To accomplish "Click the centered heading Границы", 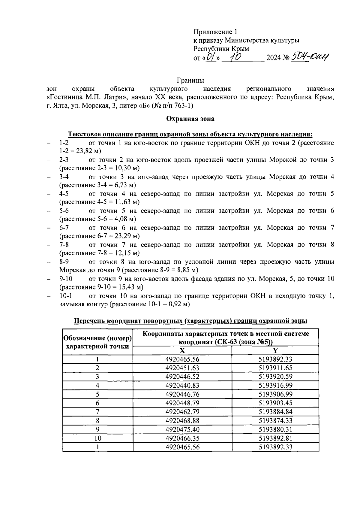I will (x=190, y=80).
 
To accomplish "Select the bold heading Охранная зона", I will (x=190, y=119).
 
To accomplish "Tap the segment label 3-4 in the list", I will (x=64, y=177).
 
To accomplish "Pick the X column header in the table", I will (x=182, y=350).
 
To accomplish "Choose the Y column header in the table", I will (x=275, y=350).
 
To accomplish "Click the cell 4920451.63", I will (x=182, y=368).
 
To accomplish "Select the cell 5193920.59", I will (x=275, y=377).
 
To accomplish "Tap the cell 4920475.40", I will (x=182, y=429).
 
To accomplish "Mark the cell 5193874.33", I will (x=275, y=420).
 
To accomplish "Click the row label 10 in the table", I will (x=97, y=438).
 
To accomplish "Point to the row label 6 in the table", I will (x=97, y=403).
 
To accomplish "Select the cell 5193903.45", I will (x=275, y=403).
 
